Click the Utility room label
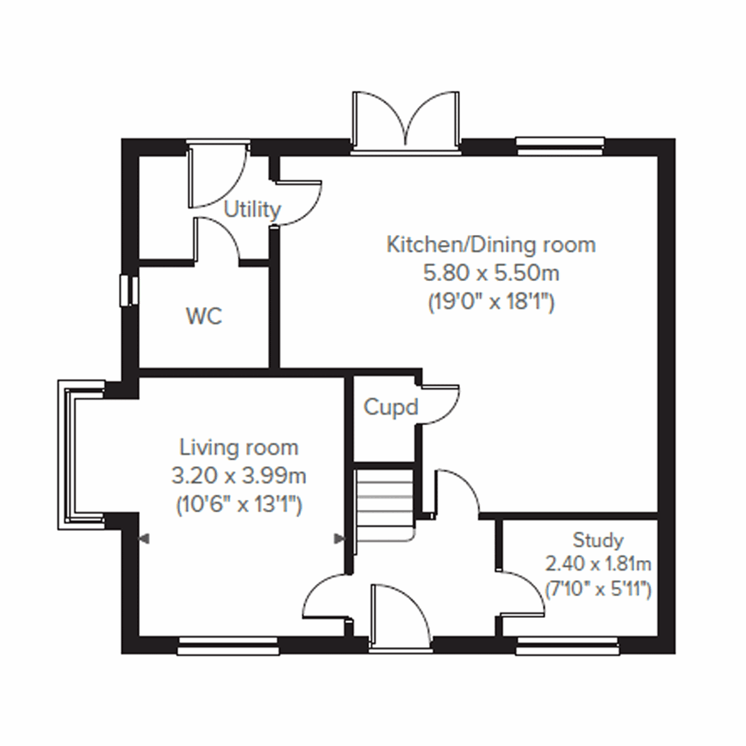click(252, 210)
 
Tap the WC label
click(204, 316)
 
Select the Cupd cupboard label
click(390, 408)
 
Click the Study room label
click(598, 540)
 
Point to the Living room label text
click(239, 448)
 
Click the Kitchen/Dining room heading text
click(491, 244)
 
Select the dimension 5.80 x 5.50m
click(491, 273)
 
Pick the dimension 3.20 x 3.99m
click(239, 476)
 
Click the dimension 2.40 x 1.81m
click(598, 564)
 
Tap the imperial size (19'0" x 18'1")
click(491, 302)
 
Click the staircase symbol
click(384, 504)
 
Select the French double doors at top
click(406, 121)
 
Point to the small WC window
click(129, 290)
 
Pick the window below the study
click(567, 647)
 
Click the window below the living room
click(228, 647)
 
